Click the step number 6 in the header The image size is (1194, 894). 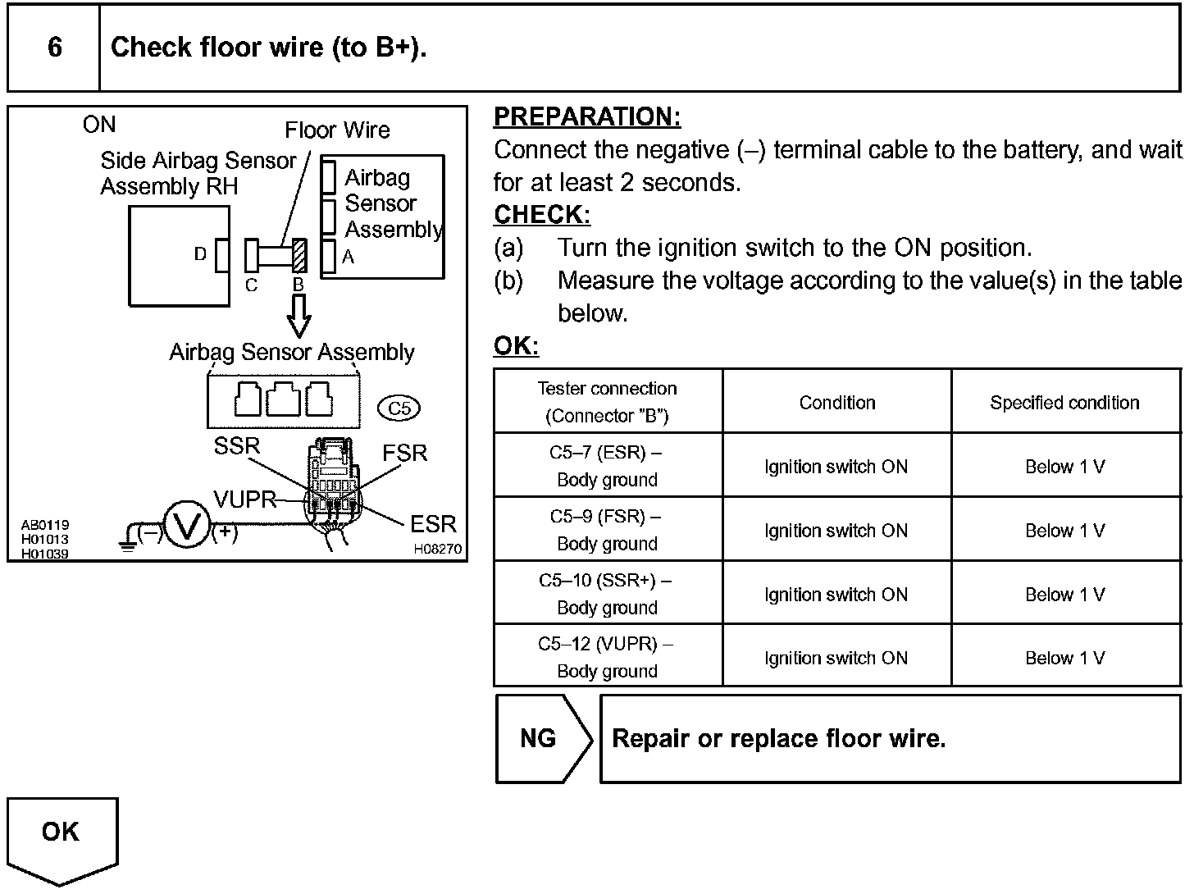pyautogui.click(x=54, y=48)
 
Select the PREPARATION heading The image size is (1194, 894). pyautogui.click(x=587, y=117)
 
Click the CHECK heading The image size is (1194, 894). pyautogui.click(x=541, y=215)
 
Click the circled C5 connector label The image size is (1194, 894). pyautogui.click(x=399, y=408)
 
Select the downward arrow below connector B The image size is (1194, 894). pyautogui.click(x=299, y=316)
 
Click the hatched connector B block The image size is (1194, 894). pyautogui.click(x=299, y=255)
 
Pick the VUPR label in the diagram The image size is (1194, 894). pyautogui.click(x=244, y=499)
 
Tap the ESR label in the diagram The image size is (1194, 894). pyautogui.click(x=432, y=524)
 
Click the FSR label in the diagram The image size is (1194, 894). pyautogui.click(x=404, y=453)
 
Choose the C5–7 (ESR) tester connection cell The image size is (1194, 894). pyautogui.click(x=607, y=466)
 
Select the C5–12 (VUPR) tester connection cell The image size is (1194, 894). pyautogui.click(x=607, y=657)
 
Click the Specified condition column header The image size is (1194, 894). pyautogui.click(x=1064, y=403)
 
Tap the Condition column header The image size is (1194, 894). pyautogui.click(x=836, y=403)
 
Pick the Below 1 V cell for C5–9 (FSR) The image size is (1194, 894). pyautogui.click(x=1064, y=531)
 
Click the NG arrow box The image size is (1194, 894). pyautogui.click(x=541, y=738)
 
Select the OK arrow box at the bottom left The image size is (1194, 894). pyautogui.click(x=62, y=837)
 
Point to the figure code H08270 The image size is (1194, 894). pyautogui.click(x=437, y=550)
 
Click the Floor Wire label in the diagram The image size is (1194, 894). pyautogui.click(x=337, y=130)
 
